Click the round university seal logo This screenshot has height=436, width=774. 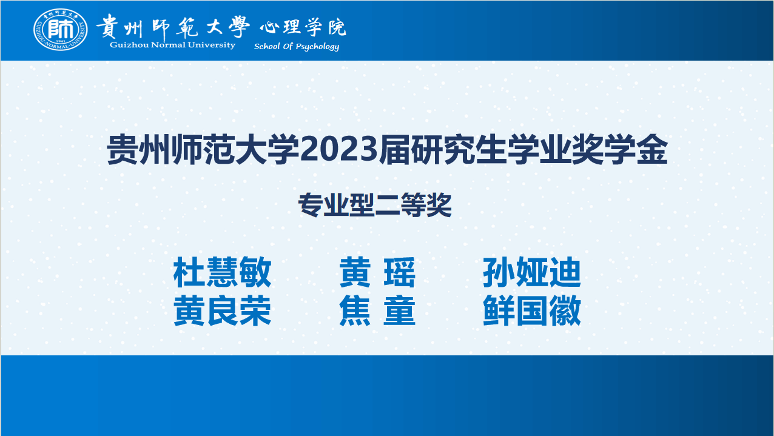pos(61,29)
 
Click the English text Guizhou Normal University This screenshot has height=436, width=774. pos(172,45)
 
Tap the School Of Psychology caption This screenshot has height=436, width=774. pos(297,46)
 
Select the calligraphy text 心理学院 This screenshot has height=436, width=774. pos(303,27)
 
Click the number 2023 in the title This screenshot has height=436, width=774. pos(338,150)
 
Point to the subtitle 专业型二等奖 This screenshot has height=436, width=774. pos(375,205)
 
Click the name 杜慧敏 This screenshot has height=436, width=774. pos(222,272)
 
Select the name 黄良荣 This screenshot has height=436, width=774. pos(222,310)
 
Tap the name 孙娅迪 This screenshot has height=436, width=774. pos(532,272)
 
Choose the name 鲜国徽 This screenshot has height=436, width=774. pos(532,310)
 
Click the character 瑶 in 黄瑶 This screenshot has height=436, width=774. pos(400,272)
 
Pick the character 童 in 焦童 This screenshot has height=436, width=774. pos(400,310)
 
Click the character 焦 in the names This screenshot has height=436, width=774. pos(355,310)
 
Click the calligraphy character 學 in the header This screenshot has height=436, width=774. pos(238,26)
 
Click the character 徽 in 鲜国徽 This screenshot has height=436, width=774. pos(565,310)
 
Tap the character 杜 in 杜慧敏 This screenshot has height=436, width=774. pos(189,272)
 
